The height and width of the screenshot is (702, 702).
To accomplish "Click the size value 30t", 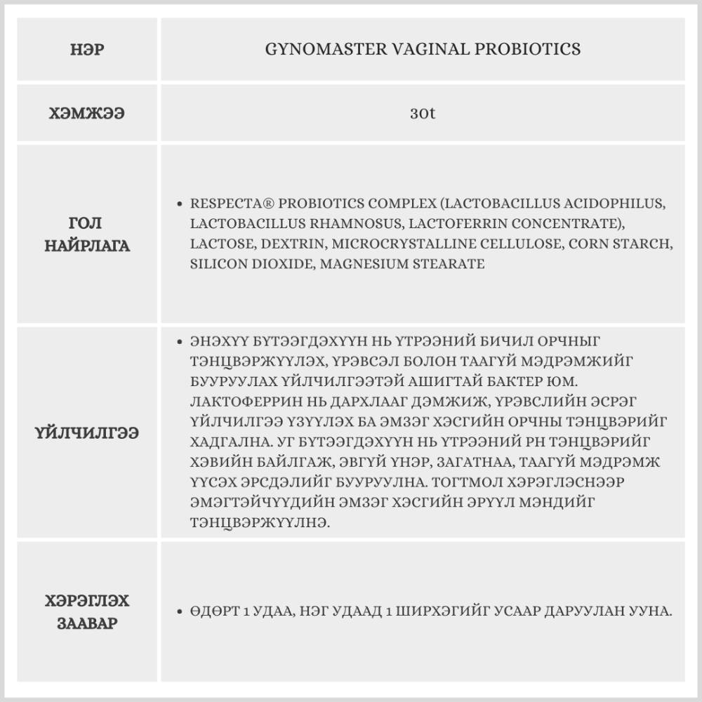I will click(x=423, y=113).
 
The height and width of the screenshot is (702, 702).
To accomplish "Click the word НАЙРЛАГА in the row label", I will click(x=88, y=246).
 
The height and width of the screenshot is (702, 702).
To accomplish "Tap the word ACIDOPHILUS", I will click(x=609, y=204).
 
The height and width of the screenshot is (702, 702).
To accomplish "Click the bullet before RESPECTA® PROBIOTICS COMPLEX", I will click(x=180, y=204).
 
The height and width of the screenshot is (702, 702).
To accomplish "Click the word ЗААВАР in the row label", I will click(x=88, y=624).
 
